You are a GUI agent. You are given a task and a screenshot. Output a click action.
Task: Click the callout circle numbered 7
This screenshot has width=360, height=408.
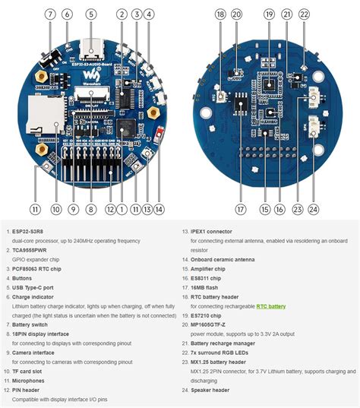pos(50,14)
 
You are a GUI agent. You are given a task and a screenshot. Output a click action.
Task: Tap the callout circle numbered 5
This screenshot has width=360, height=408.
pos(90,14)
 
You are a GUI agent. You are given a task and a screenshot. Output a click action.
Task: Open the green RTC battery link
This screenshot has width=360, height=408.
pos(271,305)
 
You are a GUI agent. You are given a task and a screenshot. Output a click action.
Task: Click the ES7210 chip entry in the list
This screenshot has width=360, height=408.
pos(206,315)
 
